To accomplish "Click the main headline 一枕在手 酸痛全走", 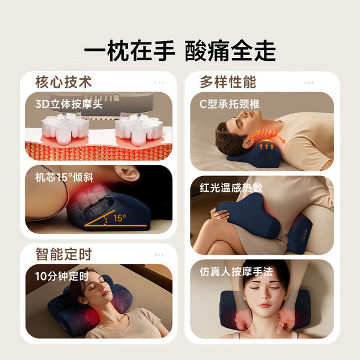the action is pos(180,51).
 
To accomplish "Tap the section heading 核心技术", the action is pos(64,82).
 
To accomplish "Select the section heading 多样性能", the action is pos(228,82).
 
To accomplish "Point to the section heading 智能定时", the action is pos(64,254).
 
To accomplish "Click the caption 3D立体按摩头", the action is pos(69,104).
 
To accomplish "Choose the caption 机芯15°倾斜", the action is pos(64,177).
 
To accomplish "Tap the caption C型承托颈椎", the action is pos(229,104).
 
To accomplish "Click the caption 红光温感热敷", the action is pos(231,188).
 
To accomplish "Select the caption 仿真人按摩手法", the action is pos(236,272).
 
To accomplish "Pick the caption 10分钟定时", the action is pos(62,276).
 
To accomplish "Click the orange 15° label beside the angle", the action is pos(120,218).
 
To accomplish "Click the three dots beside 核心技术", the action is pos(159,83).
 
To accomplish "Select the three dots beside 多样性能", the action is pos(308,83).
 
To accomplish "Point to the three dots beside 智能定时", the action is pos(159,255).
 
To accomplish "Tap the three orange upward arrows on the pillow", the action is pos(267,146).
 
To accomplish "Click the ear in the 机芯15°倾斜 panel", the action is pos(127,173).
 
